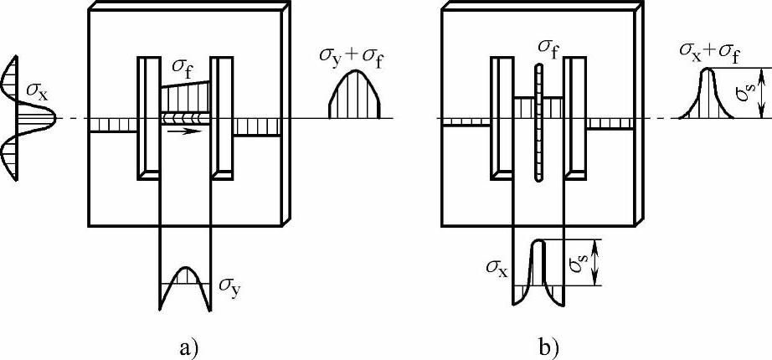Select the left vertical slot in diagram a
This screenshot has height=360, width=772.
click(x=147, y=117)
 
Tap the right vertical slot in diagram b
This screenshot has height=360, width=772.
click(x=575, y=117)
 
